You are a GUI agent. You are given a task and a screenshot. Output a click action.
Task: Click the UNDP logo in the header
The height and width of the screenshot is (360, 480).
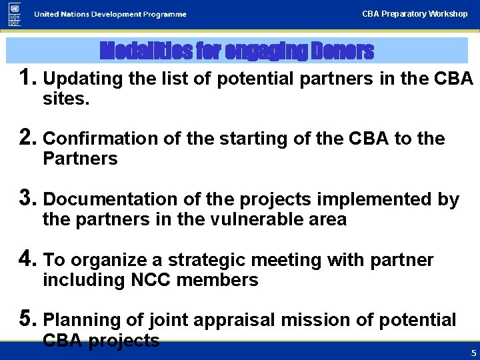(15, 14)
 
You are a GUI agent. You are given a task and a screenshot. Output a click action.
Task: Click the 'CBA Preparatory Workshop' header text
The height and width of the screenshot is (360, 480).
(415, 13)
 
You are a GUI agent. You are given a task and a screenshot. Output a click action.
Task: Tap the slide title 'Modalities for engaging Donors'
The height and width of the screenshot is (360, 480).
(237, 51)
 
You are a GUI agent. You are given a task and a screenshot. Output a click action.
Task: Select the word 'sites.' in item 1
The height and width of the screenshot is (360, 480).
(66, 100)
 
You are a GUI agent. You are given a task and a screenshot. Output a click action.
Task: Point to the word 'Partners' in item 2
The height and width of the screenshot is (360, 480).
(80, 159)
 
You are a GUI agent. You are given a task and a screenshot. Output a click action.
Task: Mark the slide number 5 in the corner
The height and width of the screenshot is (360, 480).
(473, 353)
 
